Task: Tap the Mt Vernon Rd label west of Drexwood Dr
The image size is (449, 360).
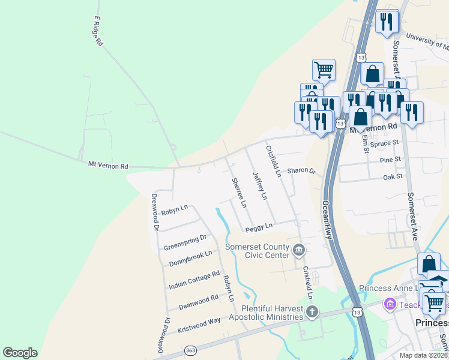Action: pyautogui.click(x=108, y=165)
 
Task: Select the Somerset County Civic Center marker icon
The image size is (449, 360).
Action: pyautogui.click(x=299, y=249)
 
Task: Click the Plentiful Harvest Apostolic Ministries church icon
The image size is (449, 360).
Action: pyautogui.click(x=312, y=311)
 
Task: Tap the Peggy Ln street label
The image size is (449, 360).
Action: pyautogui.click(x=259, y=227)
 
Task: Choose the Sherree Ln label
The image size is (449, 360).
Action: pyautogui.click(x=239, y=193)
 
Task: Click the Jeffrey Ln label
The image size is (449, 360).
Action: pyautogui.click(x=259, y=185)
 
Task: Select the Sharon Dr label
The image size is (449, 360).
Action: pyautogui.click(x=301, y=170)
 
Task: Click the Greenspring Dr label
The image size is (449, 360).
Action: pyautogui.click(x=185, y=242)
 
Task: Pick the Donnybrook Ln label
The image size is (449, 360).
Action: pyautogui.click(x=191, y=258)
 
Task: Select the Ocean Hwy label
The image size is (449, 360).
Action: pyautogui.click(x=328, y=220)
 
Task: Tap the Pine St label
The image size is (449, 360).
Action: pyautogui.click(x=390, y=160)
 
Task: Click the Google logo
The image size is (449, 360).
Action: pyautogui.click(x=20, y=353)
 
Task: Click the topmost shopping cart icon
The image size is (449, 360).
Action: pyautogui.click(x=324, y=70)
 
